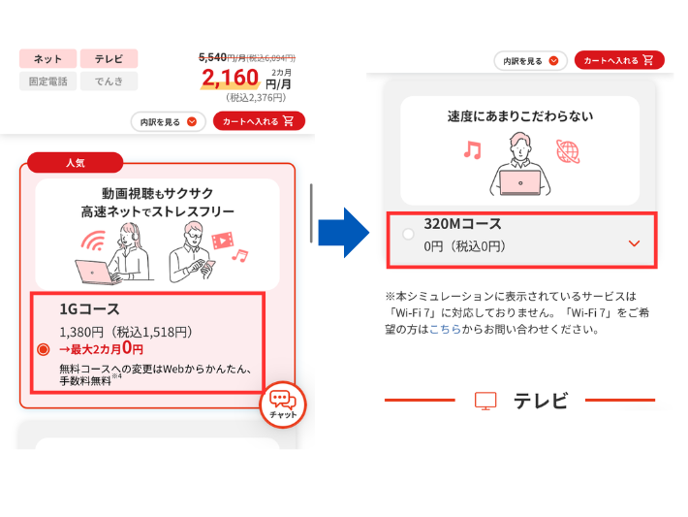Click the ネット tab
pos(47,59)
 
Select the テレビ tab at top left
pos(109,59)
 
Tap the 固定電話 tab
pos(47,81)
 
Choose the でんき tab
pos(109,81)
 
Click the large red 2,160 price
pos(231,78)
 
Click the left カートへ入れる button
pos(258,121)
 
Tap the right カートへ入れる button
pos(619,60)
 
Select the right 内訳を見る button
pos(530,60)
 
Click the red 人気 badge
pos(76,163)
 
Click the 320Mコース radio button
pos(408,234)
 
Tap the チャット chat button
pos(282,404)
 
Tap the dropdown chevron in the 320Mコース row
pos(634,243)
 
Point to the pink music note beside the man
pos(472,150)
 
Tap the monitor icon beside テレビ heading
pos(485,401)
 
